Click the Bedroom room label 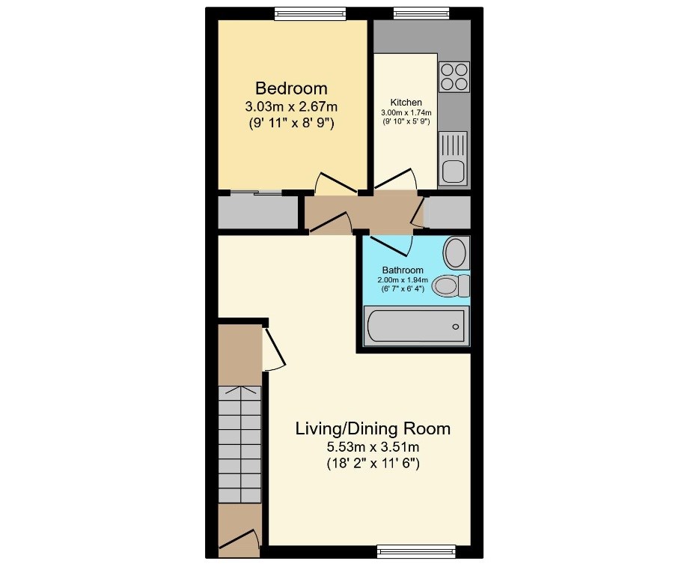(291, 88)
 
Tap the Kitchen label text (406, 103)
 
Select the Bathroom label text (403, 270)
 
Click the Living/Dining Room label (373, 429)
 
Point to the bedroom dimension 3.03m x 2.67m (291, 106)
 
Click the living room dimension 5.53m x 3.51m (373, 446)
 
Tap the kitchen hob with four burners (454, 77)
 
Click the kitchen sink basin (454, 172)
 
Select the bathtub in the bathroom (416, 326)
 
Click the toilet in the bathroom (451, 285)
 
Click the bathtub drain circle (456, 327)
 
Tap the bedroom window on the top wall (310, 13)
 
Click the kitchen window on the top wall (421, 13)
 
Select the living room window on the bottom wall (416, 551)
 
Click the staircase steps (240, 444)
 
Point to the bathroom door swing (391, 246)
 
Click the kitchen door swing (396, 179)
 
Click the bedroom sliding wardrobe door (257, 192)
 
